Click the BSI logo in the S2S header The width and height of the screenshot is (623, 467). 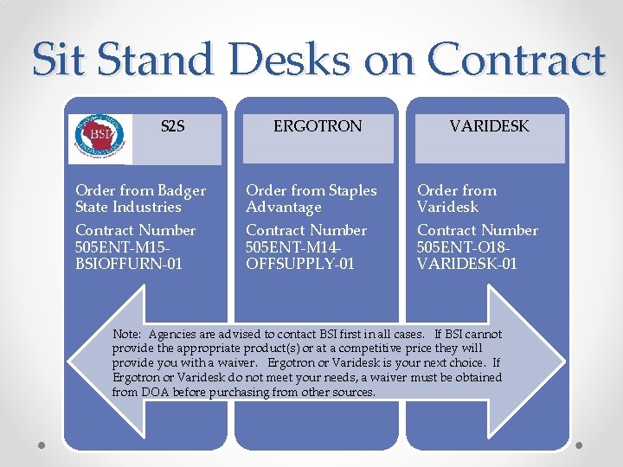pos(101,138)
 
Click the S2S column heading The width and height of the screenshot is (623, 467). pos(172,127)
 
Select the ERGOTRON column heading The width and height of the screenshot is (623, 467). pos(318,127)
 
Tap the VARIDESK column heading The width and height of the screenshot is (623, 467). pos(489,127)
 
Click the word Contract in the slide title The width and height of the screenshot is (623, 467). pos(517,60)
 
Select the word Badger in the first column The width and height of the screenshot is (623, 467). pos(182,191)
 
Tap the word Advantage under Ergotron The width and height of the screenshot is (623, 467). pos(284,208)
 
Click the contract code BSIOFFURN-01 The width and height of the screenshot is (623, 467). pos(129,263)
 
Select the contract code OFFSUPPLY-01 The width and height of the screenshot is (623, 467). pos(300,263)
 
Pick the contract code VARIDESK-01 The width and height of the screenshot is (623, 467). pos(467,263)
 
